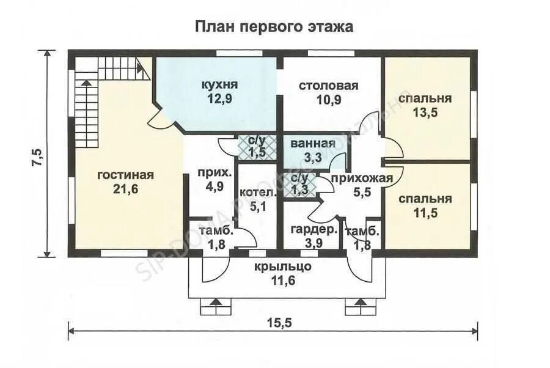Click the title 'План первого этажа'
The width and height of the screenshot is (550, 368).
[x=274, y=26]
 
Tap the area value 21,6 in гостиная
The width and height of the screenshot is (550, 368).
[x=125, y=189]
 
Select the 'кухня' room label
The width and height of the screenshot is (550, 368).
[x=219, y=84]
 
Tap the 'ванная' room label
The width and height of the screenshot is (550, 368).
[x=313, y=144]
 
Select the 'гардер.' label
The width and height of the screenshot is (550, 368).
[x=314, y=230]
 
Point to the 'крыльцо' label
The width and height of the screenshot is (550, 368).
[x=284, y=267]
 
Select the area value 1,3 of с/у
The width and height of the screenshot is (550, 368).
[x=299, y=190]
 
